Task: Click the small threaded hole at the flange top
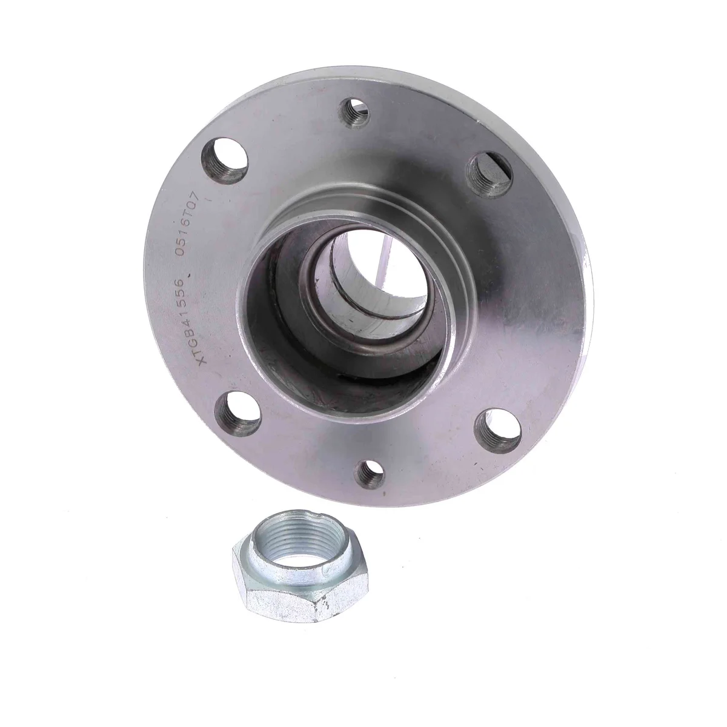[356, 113]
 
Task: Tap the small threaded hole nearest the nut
[370, 473]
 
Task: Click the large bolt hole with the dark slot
[490, 174]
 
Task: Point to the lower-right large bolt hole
[498, 431]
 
